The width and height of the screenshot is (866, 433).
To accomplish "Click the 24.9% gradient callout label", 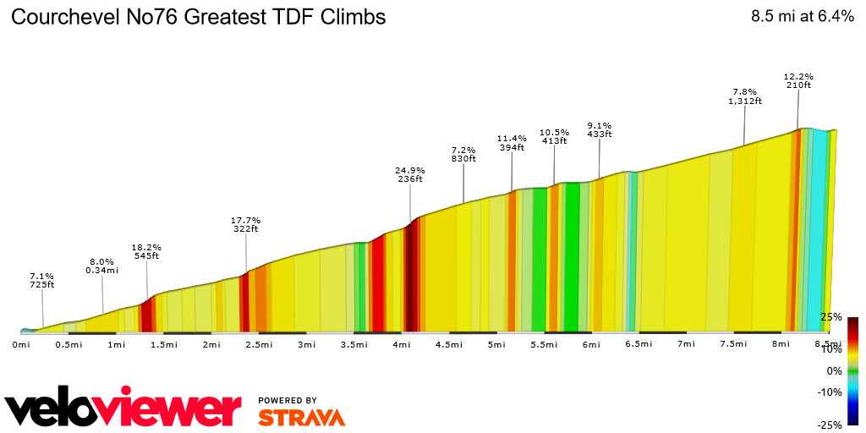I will click(x=410, y=170).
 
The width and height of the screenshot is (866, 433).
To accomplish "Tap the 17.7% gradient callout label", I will click(x=246, y=220).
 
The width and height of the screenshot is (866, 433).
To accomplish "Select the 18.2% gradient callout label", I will click(x=146, y=247).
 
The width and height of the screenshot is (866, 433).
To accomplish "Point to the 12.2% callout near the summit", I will click(x=798, y=76).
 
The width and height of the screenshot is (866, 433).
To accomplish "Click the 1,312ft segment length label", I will click(x=744, y=101).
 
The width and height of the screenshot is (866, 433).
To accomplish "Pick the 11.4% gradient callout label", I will click(x=512, y=139).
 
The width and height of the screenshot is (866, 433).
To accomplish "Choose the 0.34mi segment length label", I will click(x=101, y=271).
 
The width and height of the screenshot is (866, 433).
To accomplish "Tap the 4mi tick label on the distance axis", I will click(x=401, y=344).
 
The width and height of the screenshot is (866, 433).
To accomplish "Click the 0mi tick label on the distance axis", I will click(x=21, y=344).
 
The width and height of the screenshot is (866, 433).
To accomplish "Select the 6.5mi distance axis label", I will click(x=639, y=344).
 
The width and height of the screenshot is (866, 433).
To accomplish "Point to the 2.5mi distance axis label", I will click(x=258, y=344).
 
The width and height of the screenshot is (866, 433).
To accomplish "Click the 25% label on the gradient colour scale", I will click(x=831, y=316).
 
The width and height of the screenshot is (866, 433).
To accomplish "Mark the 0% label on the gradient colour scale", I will click(x=835, y=370).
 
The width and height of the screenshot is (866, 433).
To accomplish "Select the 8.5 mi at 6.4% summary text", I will click(x=802, y=16).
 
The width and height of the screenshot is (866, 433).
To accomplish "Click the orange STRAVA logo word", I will click(x=301, y=418).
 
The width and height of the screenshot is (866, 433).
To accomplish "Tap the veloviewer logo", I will click(x=123, y=409).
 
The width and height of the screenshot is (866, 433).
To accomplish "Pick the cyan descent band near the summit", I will click(x=817, y=228).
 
